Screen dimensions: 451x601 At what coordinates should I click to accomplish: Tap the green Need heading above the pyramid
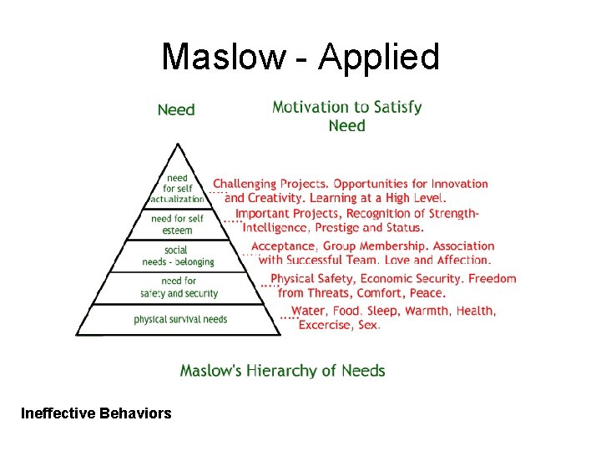[x=176, y=110]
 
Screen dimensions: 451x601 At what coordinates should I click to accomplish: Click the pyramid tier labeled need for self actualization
[x=177, y=189]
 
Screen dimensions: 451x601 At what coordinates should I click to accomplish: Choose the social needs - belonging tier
[x=177, y=256]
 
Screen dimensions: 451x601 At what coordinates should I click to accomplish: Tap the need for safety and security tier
[x=178, y=287]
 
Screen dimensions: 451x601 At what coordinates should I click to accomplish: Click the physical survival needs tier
[x=179, y=319]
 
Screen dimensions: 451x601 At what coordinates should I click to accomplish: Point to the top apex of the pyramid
[x=178, y=145]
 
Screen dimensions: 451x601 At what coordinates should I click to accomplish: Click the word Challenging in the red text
[x=245, y=184]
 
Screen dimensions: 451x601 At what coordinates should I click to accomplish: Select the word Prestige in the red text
[x=335, y=227]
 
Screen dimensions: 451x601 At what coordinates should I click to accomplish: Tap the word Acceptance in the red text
[x=283, y=246]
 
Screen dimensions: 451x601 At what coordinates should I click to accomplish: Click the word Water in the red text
[x=308, y=311]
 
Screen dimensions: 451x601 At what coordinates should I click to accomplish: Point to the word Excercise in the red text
[x=325, y=325]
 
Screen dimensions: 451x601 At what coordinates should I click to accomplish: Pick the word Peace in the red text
[x=427, y=293]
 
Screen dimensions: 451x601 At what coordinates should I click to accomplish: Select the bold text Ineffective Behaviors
[x=96, y=413]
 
